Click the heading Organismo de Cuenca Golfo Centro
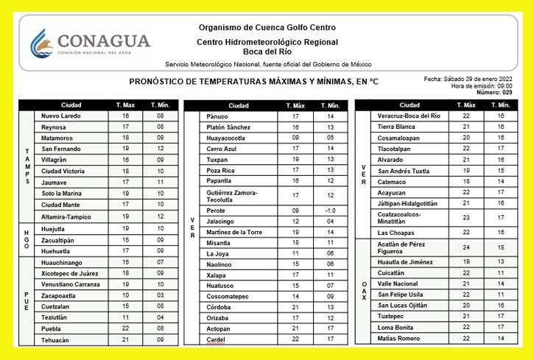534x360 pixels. pyautogui.click(x=268, y=28)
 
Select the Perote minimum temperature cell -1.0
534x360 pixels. pyautogui.click(x=330, y=211)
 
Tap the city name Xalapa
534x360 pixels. pyautogui.click(x=217, y=275)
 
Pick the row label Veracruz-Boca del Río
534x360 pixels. pyautogui.click(x=409, y=116)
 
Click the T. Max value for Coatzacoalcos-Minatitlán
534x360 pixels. pyautogui.click(x=466, y=217)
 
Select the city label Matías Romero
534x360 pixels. pyautogui.click(x=398, y=338)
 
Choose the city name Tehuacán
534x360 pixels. pyautogui.click(x=58, y=340)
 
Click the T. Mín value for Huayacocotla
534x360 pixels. pyautogui.click(x=330, y=138)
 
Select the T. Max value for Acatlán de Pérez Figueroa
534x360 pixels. pyautogui.click(x=466, y=248)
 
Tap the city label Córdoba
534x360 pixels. pyautogui.click(x=219, y=307)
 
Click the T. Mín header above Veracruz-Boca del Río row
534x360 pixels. pyautogui.click(x=500, y=105)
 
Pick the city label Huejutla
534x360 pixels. pyautogui.click(x=55, y=229)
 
